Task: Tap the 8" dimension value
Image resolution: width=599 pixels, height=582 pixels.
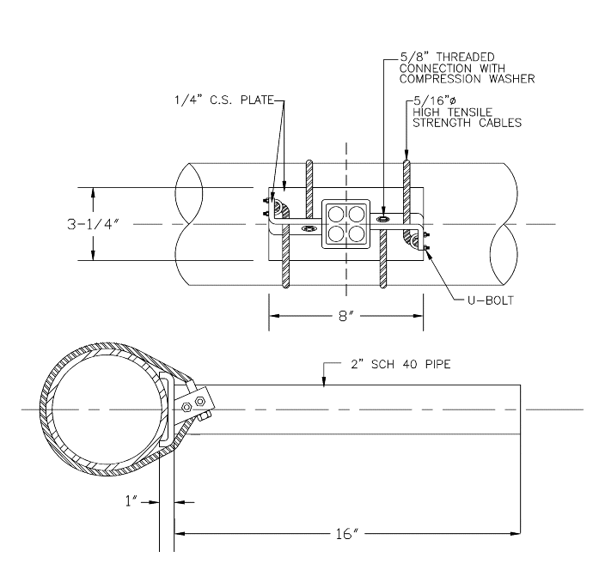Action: pos(345,317)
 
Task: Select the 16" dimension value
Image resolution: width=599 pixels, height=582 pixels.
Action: pos(345,534)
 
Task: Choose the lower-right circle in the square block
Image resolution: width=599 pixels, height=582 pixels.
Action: pos(356,233)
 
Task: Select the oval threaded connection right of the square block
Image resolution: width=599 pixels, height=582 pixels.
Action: pos(384,219)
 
